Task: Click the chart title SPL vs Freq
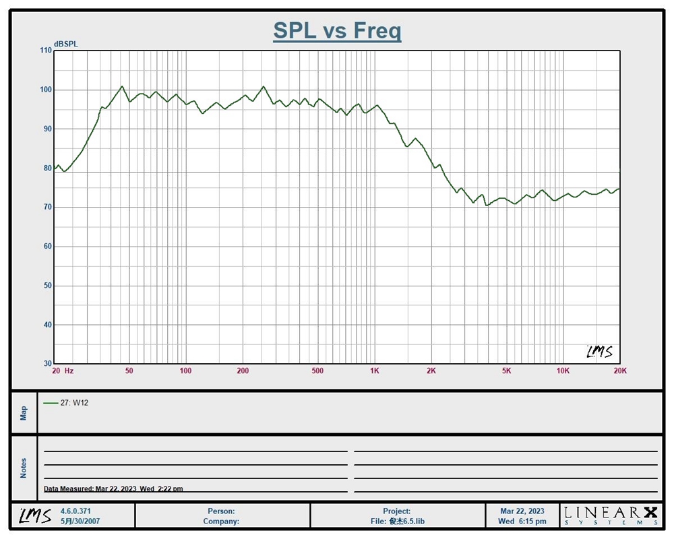pyautogui.click(x=337, y=30)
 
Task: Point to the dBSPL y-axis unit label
pyautogui.click(x=66, y=44)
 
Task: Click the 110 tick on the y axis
pyautogui.click(x=45, y=51)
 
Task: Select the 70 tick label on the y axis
pyautogui.click(x=46, y=208)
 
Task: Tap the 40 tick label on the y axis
pyautogui.click(x=46, y=325)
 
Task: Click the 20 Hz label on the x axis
pyautogui.click(x=63, y=371)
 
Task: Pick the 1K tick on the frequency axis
pyautogui.click(x=375, y=371)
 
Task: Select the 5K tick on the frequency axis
pyautogui.click(x=506, y=371)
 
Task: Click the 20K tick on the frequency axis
pyautogui.click(x=619, y=371)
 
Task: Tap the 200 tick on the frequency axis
pyautogui.click(x=243, y=371)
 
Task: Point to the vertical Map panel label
pyautogui.click(x=24, y=412)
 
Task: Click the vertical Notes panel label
pyautogui.click(x=24, y=468)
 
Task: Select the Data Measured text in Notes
pyautogui.click(x=113, y=489)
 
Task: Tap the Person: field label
pyautogui.click(x=221, y=511)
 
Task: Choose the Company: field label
pyautogui.click(x=221, y=521)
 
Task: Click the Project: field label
pyautogui.click(x=396, y=511)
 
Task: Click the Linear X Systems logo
pyautogui.click(x=611, y=515)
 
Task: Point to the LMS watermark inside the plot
pyautogui.click(x=599, y=352)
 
